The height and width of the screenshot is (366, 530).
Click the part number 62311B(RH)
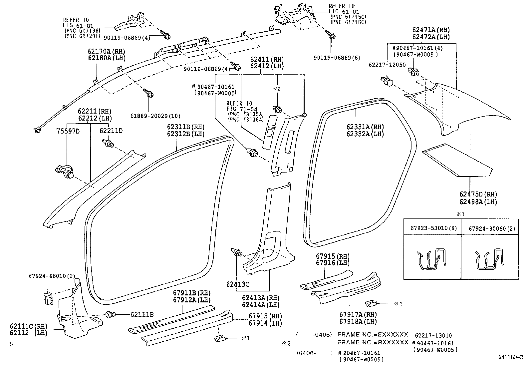185,127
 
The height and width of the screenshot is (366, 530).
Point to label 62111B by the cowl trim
142,314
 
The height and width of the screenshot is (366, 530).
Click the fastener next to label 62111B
111,314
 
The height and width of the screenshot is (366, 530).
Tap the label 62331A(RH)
365,127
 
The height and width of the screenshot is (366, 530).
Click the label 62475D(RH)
478,194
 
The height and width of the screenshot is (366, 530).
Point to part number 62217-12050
387,65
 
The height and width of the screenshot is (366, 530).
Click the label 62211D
111,131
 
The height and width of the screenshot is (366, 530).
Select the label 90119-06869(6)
337,58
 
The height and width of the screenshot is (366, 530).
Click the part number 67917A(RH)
358,314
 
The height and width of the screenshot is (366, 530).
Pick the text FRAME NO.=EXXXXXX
373,334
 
